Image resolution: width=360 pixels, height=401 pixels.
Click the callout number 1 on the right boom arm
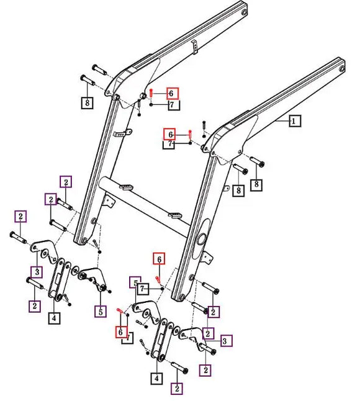click(294, 122)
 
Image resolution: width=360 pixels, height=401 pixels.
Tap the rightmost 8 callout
click(255, 184)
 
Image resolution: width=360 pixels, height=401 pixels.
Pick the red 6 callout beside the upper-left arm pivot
click(172, 94)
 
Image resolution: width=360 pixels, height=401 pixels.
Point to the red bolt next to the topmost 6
click(152, 93)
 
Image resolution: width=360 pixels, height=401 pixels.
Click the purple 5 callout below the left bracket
click(100, 310)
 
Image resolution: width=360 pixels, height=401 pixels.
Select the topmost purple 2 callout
click(66, 181)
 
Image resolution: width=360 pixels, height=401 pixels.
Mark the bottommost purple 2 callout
click(178, 389)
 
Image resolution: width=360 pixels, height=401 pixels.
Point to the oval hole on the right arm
click(202, 240)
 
